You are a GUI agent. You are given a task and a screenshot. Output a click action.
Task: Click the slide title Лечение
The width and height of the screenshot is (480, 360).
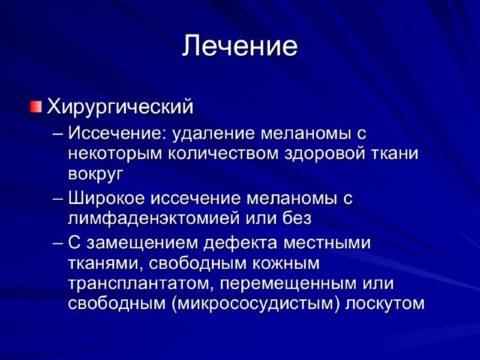coord(240,46)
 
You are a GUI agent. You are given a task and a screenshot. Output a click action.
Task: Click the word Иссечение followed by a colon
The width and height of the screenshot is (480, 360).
coord(119,133)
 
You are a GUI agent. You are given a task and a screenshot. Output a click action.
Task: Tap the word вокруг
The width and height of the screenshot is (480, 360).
coord(95,174)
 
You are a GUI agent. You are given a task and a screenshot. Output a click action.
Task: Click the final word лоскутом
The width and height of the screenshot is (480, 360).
coord(387,304)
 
